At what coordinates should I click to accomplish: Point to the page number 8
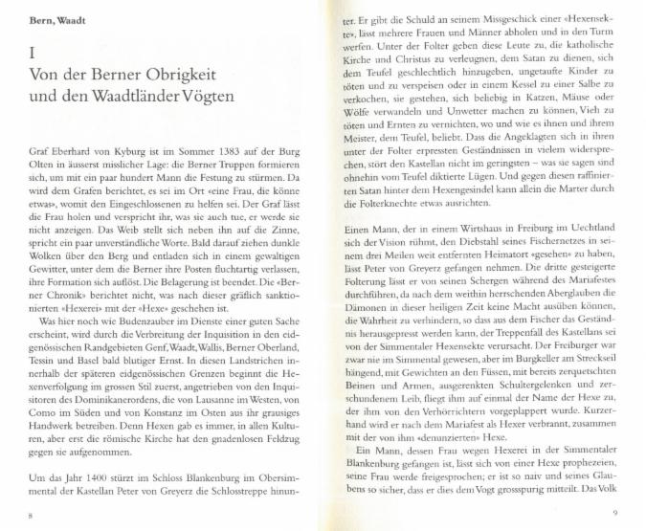[x=32, y=515]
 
